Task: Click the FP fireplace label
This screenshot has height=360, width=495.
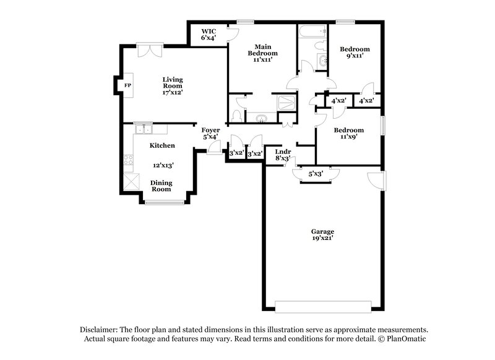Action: pos(128,85)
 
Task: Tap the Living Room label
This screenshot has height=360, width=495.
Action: pos(173,85)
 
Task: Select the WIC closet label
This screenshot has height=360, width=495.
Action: pos(208,34)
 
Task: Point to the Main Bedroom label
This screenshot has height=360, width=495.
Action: pos(262,53)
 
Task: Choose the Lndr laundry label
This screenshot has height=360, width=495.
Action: pos(283,154)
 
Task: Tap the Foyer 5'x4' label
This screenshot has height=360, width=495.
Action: pos(210,133)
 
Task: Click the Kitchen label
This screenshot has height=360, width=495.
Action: pos(162,145)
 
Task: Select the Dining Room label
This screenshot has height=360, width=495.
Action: pos(161,186)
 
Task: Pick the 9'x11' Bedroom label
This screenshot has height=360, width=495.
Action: pos(355,53)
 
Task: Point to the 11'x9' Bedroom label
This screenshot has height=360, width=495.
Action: pos(348,134)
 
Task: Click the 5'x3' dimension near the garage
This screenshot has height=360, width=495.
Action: pos(316,174)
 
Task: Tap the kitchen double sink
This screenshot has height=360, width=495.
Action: pos(143,129)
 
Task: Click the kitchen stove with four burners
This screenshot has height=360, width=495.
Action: pos(129,162)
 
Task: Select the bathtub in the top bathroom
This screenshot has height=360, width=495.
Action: pos(311,30)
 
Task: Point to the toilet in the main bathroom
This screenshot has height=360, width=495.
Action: pos(236,116)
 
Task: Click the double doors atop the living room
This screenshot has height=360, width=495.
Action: pos(150,49)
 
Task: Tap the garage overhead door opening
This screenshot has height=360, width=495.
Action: pos(323,307)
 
